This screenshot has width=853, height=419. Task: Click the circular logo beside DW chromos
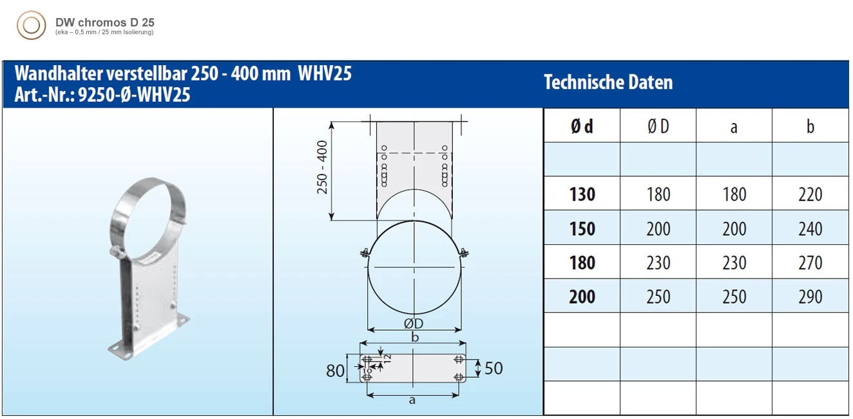(x=31, y=25)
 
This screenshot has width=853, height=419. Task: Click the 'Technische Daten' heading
(x=608, y=83)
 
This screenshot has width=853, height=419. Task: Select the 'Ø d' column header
(x=582, y=126)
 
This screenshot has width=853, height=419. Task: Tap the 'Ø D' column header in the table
(x=658, y=126)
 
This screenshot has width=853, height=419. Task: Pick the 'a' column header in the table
(x=734, y=127)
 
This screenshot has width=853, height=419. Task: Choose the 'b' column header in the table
(x=810, y=126)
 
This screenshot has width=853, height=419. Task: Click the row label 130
(x=582, y=194)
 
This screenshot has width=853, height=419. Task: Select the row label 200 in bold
(x=582, y=297)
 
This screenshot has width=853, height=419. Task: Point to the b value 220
(x=810, y=194)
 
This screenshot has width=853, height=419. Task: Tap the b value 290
(x=810, y=297)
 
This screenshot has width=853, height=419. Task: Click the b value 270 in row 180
(x=810, y=262)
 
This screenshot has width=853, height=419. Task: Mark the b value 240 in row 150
(x=810, y=228)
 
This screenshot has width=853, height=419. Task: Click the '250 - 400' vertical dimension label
(x=323, y=167)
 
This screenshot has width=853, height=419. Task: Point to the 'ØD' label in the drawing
(x=414, y=324)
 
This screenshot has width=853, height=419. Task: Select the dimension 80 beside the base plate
(x=335, y=371)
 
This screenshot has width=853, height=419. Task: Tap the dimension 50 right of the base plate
(x=493, y=368)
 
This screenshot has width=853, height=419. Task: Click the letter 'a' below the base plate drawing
(x=412, y=400)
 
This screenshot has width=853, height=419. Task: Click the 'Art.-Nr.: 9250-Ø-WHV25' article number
(x=102, y=95)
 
